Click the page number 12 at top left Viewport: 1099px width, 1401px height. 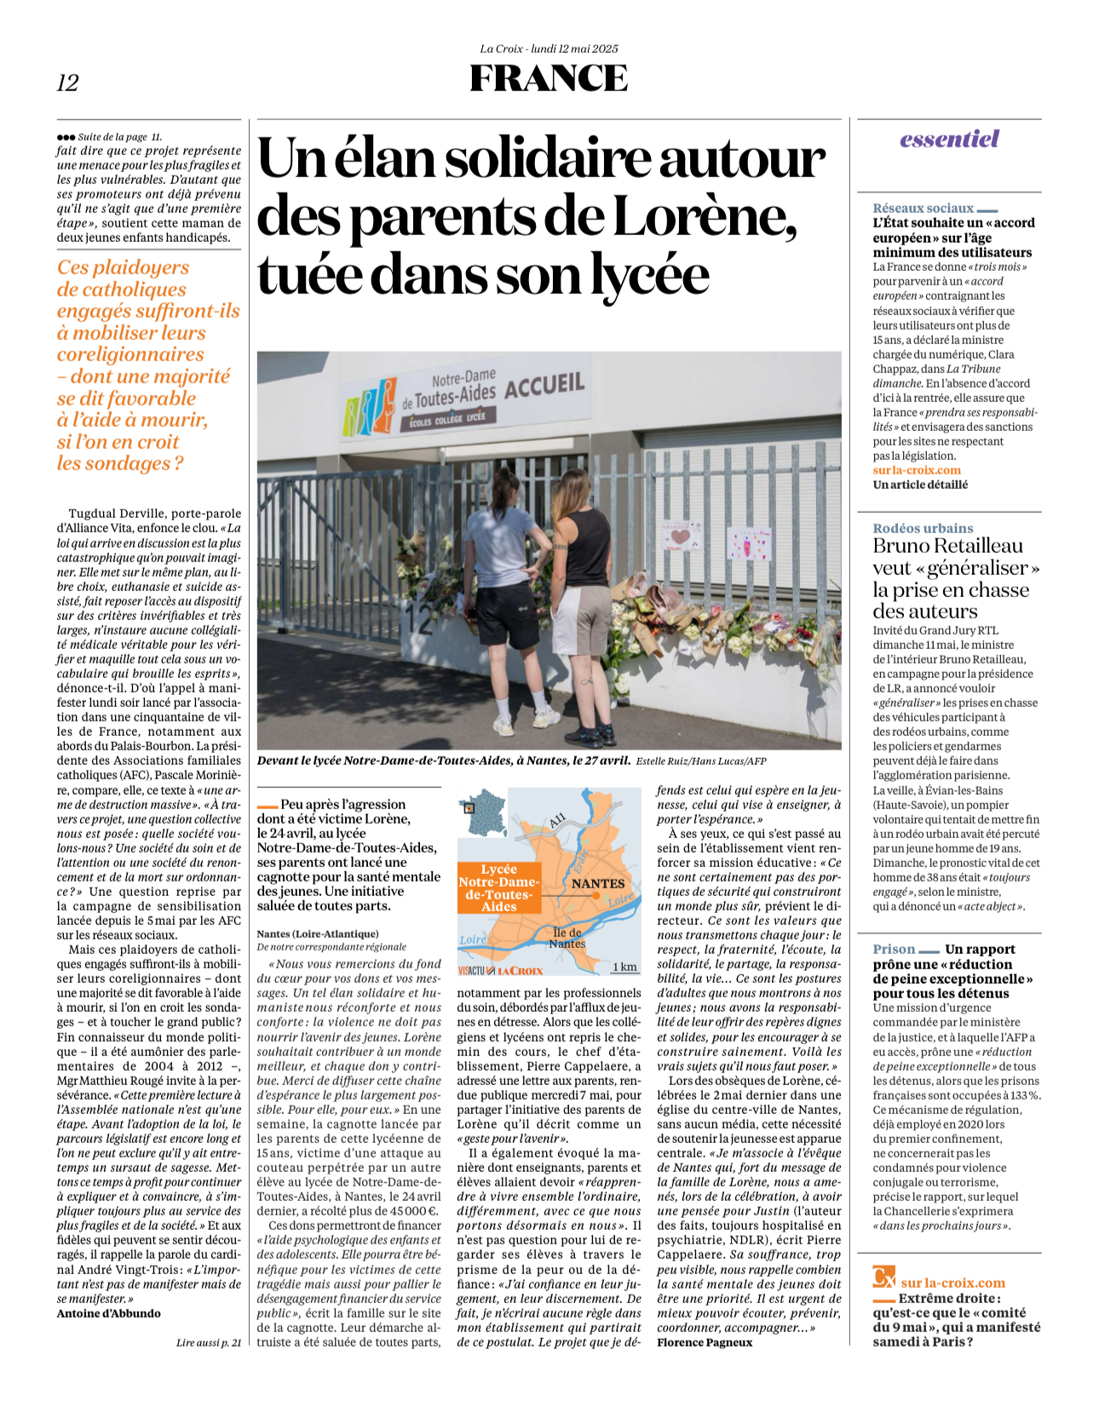67,83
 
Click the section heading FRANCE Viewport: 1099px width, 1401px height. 549,78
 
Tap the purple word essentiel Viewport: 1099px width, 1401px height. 949,139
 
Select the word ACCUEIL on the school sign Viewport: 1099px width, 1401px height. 544,385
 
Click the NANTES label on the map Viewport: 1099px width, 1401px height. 597,883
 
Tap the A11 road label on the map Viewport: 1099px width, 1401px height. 557,821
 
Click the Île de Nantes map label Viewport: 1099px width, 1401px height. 567,938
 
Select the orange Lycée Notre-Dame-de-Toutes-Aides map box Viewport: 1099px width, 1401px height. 498,888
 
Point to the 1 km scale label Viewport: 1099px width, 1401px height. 624,967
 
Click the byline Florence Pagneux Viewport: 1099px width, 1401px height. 705,1342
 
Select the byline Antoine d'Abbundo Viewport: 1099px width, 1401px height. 108,1313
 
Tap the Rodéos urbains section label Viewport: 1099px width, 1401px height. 923,528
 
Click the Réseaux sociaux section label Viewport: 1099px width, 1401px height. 923,208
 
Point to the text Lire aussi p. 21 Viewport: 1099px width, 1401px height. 208,1342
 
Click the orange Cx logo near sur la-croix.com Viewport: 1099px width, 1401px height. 884,1278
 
